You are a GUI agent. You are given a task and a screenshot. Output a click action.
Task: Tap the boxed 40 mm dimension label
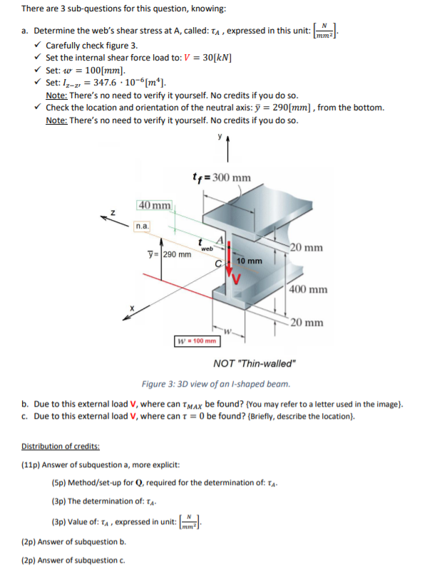[x=155, y=205]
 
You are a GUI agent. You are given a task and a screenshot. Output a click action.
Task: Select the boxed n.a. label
[x=142, y=226]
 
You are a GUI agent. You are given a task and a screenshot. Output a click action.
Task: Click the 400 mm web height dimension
[x=308, y=289]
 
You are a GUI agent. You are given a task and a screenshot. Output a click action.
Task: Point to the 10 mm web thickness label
[x=249, y=261]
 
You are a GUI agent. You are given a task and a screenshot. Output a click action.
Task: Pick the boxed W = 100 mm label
[x=197, y=340]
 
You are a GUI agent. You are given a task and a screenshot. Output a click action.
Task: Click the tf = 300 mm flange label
[x=222, y=177]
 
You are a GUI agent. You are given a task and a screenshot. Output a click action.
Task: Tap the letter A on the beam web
[x=220, y=240]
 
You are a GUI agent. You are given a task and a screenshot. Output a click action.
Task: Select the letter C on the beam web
[x=218, y=263]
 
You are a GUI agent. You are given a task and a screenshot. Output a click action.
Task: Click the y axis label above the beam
[x=220, y=136]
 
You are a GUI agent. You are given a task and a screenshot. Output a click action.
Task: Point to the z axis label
[x=113, y=213]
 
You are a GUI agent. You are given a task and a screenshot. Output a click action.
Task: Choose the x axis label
[x=132, y=308]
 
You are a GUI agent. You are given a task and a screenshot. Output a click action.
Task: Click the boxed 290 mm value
[x=177, y=254]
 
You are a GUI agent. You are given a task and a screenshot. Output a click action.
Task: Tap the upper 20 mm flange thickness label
[x=307, y=248]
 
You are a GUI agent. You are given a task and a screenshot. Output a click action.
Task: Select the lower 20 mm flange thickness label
[x=307, y=322]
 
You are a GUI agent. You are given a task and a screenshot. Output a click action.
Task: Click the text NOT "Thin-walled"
[x=255, y=363]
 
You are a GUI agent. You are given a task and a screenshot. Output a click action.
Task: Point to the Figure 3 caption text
[x=216, y=384]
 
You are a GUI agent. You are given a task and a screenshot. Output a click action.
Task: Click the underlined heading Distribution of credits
[x=61, y=447]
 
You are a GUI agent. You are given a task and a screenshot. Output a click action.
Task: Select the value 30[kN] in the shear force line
[x=217, y=58]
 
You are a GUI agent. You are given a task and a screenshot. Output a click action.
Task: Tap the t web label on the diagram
[x=205, y=246]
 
